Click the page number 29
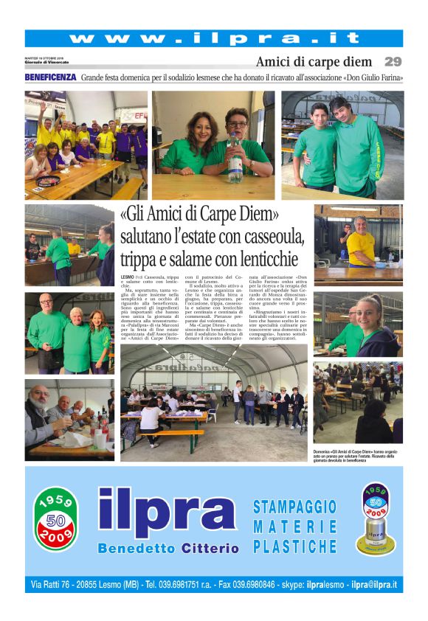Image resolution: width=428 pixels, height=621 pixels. click(393, 62)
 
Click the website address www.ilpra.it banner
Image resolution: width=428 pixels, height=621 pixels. click(214, 38)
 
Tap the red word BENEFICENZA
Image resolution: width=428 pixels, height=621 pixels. click(50, 77)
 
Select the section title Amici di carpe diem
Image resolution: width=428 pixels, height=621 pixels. click(314, 62)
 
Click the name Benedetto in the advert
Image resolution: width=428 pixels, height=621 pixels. click(134, 548)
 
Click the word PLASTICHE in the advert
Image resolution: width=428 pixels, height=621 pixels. click(294, 547)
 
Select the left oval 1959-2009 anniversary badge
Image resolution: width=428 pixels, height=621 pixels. click(55, 518)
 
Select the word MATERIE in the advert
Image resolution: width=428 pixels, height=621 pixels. click(294, 527)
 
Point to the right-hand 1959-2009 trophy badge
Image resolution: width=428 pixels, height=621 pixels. click(375, 519)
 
